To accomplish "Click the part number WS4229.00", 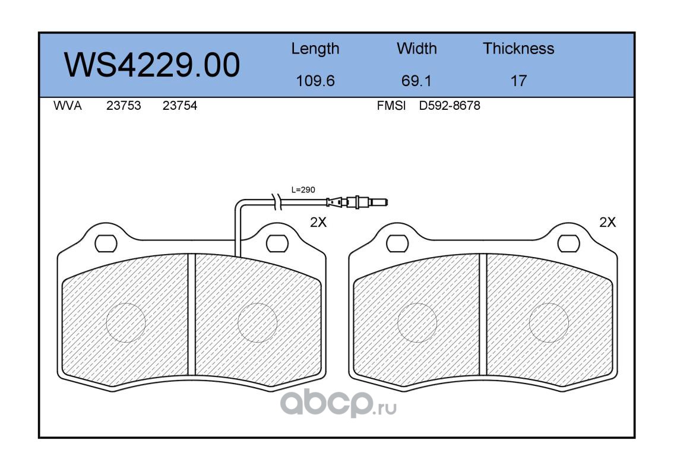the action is pos(152,65).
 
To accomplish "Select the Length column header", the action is pos(315,49).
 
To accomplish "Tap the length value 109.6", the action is pos(315,81).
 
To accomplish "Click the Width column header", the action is pos(416,48).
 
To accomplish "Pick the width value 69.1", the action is pos(416,81).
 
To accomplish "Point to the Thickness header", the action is pos(518,48).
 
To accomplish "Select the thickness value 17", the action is pos(518,81).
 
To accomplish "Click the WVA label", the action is pos(68,106).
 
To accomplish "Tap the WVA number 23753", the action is pos(124,106).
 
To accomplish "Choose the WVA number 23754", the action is pos(180,106).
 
